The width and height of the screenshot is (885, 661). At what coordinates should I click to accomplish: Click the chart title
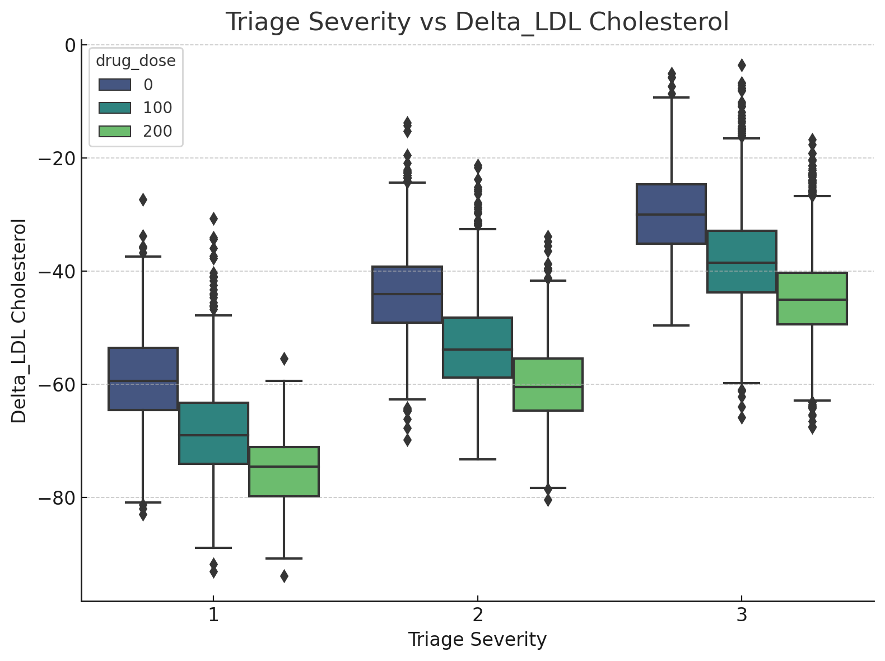pyautogui.click(x=477, y=22)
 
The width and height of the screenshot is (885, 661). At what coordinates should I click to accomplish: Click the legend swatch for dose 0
pyautogui.click(x=115, y=85)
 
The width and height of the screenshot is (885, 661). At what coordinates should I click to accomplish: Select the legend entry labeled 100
pyautogui.click(x=157, y=108)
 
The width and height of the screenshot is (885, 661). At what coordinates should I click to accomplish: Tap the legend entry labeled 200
pyautogui.click(x=157, y=131)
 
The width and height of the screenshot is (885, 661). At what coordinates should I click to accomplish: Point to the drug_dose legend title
pyautogui.click(x=136, y=61)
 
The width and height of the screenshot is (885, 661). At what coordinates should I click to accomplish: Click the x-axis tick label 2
pyautogui.click(x=477, y=616)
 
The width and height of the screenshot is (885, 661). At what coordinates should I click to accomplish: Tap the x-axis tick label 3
pyautogui.click(x=742, y=616)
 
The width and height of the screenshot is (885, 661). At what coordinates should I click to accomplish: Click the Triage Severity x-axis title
pyautogui.click(x=477, y=640)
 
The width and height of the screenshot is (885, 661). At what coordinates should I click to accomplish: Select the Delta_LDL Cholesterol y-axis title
pyautogui.click(x=19, y=321)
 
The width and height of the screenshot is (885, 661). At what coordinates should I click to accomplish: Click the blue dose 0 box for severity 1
pyautogui.click(x=143, y=379)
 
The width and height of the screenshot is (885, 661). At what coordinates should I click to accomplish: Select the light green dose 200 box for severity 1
pyautogui.click(x=284, y=472)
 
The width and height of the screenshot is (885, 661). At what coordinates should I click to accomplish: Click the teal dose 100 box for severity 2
pyautogui.click(x=477, y=347)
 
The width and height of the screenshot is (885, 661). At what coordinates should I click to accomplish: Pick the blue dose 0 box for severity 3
pyautogui.click(x=671, y=213)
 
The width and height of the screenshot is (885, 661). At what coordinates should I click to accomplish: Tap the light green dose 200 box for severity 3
pyautogui.click(x=812, y=299)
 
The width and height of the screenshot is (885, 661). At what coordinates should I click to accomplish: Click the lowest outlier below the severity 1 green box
pyautogui.click(x=284, y=576)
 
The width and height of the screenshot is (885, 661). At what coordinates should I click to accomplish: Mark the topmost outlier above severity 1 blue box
pyautogui.click(x=143, y=199)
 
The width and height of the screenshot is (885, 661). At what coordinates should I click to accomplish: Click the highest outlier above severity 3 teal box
pyautogui.click(x=742, y=65)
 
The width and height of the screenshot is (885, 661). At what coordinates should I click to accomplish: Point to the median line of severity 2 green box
pyautogui.click(x=548, y=387)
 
